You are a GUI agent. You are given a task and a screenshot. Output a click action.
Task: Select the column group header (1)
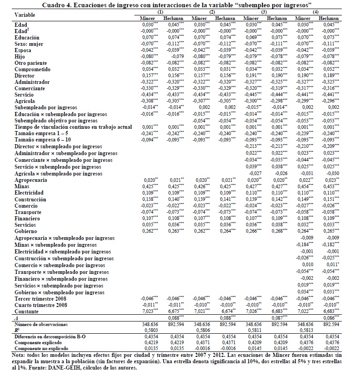pos(161,11)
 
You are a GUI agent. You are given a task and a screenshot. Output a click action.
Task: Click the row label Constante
pos(27,312)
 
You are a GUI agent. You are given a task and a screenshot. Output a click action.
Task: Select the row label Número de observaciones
pos(41,325)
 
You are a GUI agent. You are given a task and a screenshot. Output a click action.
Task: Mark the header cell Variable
pos(25,15)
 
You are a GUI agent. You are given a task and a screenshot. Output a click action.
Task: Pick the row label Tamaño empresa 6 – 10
pos(40,140)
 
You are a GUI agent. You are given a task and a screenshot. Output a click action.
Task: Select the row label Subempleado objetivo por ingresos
pos(56,121)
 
